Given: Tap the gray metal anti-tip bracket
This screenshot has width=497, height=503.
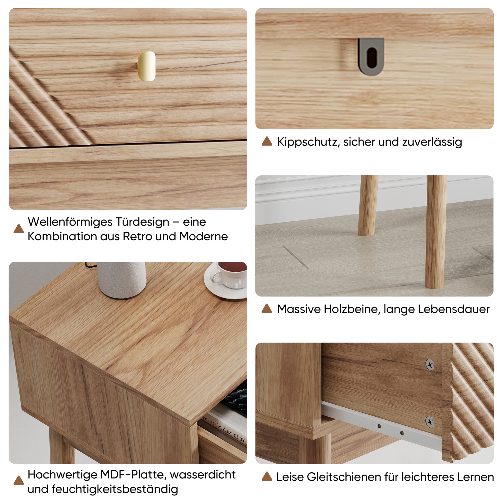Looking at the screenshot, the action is [x=371, y=57].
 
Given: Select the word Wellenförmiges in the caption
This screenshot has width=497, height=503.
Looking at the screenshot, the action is [x=70, y=222].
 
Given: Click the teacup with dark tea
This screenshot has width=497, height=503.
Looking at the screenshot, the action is [x=229, y=275].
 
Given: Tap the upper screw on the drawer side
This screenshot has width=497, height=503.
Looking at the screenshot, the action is [x=430, y=365].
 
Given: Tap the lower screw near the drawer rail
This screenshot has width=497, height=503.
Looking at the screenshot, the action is [x=430, y=422].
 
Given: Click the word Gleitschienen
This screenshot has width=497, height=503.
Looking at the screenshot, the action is [x=344, y=477].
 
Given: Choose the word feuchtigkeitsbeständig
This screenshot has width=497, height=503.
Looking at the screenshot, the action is [x=114, y=489].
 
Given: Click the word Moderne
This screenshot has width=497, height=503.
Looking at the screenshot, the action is [x=203, y=236].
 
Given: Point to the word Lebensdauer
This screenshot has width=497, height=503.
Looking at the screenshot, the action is [x=454, y=309].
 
